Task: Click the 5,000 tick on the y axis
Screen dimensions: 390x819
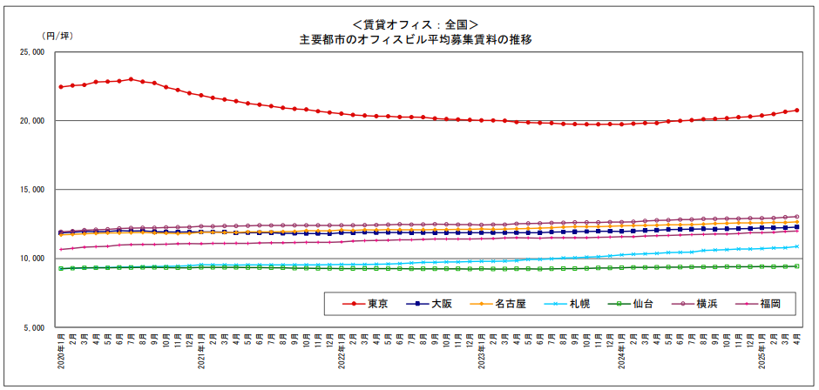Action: click(x=32, y=328)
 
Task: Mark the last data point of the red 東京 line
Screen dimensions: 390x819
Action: click(x=796, y=111)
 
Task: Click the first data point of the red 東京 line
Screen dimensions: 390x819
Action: click(x=61, y=87)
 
